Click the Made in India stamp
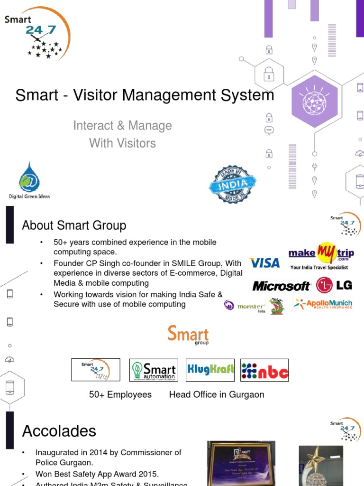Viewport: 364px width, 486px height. (x=233, y=185)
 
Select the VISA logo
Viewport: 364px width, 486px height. (x=264, y=262)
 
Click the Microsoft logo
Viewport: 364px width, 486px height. (x=281, y=286)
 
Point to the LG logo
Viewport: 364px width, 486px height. (x=334, y=285)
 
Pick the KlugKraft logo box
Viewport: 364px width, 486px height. (x=210, y=370)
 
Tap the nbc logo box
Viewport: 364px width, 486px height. (x=264, y=370)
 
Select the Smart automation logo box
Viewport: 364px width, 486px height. (x=154, y=370)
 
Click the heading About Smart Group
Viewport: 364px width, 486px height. (x=74, y=225)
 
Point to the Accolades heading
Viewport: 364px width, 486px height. (x=59, y=431)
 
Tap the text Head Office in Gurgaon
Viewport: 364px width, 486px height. (x=217, y=394)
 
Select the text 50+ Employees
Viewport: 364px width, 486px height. (x=120, y=394)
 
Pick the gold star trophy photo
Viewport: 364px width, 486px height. (x=320, y=466)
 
